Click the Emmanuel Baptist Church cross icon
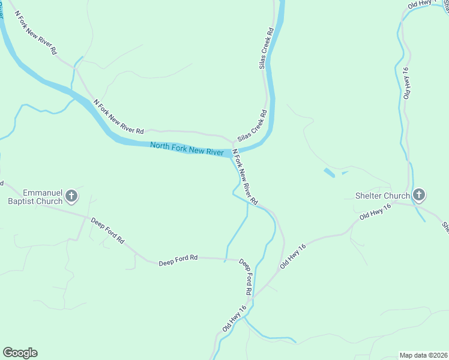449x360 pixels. (71, 196)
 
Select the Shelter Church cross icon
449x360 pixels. (419, 195)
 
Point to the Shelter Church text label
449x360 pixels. (382, 196)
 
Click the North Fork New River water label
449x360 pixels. (187, 148)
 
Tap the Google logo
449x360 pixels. (20, 353)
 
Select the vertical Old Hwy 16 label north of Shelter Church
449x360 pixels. (408, 83)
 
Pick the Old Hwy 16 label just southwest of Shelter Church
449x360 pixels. (375, 212)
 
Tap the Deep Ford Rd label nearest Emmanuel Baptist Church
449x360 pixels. (107, 230)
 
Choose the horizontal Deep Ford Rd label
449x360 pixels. (178, 260)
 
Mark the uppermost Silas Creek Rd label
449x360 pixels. (265, 48)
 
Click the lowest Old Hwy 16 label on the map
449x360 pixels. (234, 319)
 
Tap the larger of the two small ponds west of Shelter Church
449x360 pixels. (330, 173)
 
